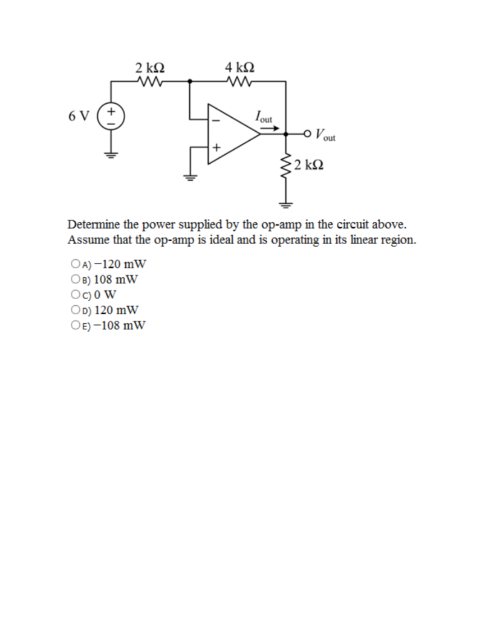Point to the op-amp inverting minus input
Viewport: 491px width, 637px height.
[214, 120]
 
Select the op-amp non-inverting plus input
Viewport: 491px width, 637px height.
[214, 147]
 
